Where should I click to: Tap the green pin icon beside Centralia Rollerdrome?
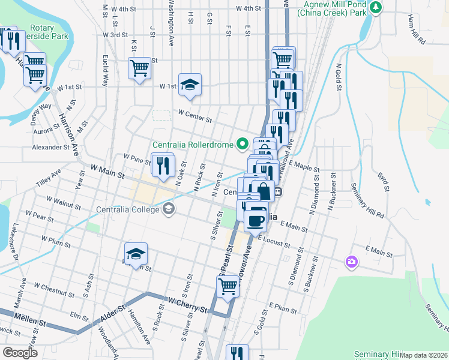243,143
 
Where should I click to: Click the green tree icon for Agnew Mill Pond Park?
376,7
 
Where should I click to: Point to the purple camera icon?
351,262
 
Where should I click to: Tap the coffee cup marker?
256,220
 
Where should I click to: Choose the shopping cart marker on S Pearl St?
228,286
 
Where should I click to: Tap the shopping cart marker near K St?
139,67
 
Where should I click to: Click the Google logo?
20,353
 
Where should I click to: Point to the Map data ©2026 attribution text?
424,355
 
